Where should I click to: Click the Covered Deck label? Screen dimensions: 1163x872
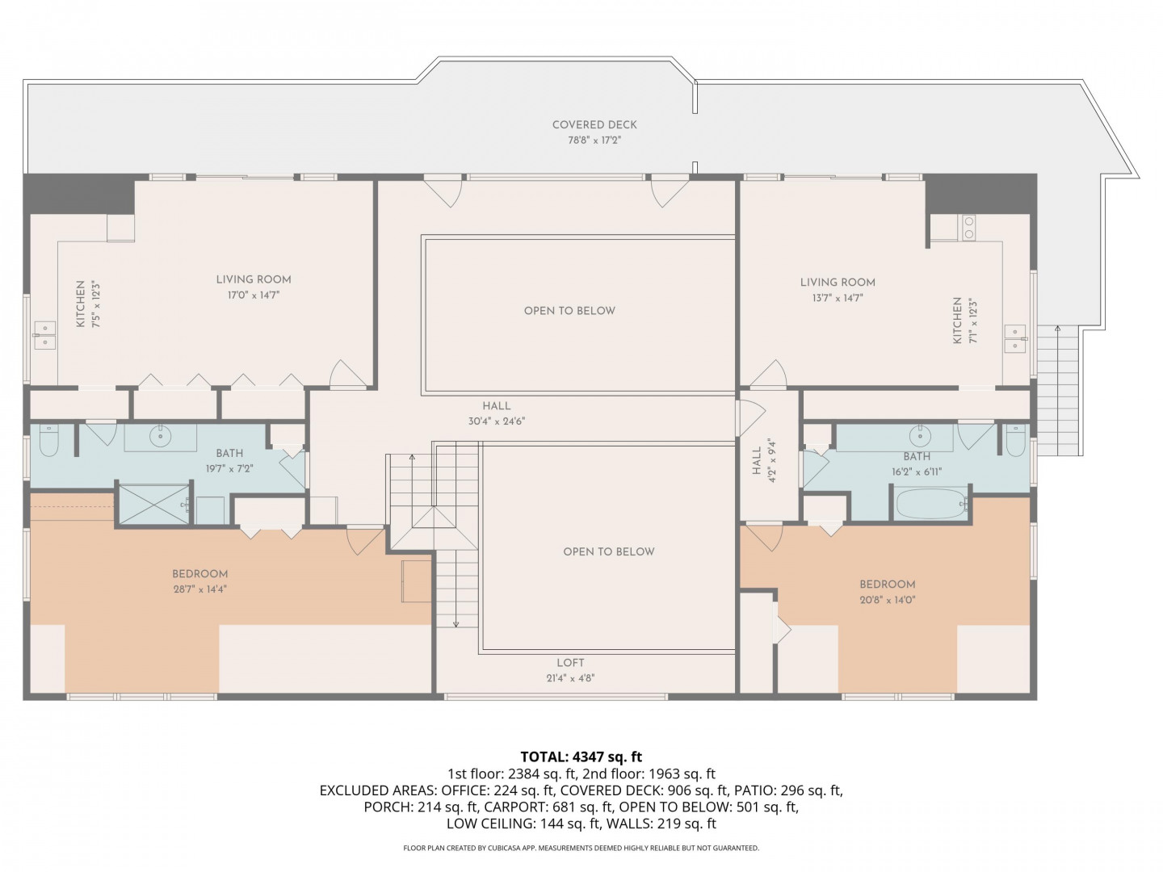click(x=594, y=125)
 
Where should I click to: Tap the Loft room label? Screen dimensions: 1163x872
click(x=570, y=662)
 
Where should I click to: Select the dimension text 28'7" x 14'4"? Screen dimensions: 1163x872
click(x=199, y=589)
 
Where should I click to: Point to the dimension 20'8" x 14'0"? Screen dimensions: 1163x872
click(x=887, y=599)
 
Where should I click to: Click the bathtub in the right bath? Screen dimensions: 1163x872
click(x=931, y=504)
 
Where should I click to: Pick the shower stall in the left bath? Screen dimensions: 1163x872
click(x=154, y=504)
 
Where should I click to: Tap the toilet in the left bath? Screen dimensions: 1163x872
click(x=48, y=439)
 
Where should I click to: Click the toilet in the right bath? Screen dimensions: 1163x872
click(x=1016, y=439)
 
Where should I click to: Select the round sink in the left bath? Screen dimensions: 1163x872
click(x=159, y=436)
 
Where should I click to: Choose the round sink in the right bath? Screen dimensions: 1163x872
click(x=920, y=436)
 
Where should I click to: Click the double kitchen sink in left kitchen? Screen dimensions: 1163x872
click(x=45, y=335)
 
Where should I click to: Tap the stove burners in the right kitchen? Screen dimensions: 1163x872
click(x=969, y=228)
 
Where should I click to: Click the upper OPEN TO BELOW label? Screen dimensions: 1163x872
click(x=569, y=311)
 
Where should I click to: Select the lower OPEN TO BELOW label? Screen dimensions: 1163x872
click(x=609, y=551)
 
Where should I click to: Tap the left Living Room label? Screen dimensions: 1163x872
click(x=254, y=279)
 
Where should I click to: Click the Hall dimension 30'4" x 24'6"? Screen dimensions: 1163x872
click(x=497, y=421)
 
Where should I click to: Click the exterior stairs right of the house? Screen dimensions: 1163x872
click(x=1057, y=390)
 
